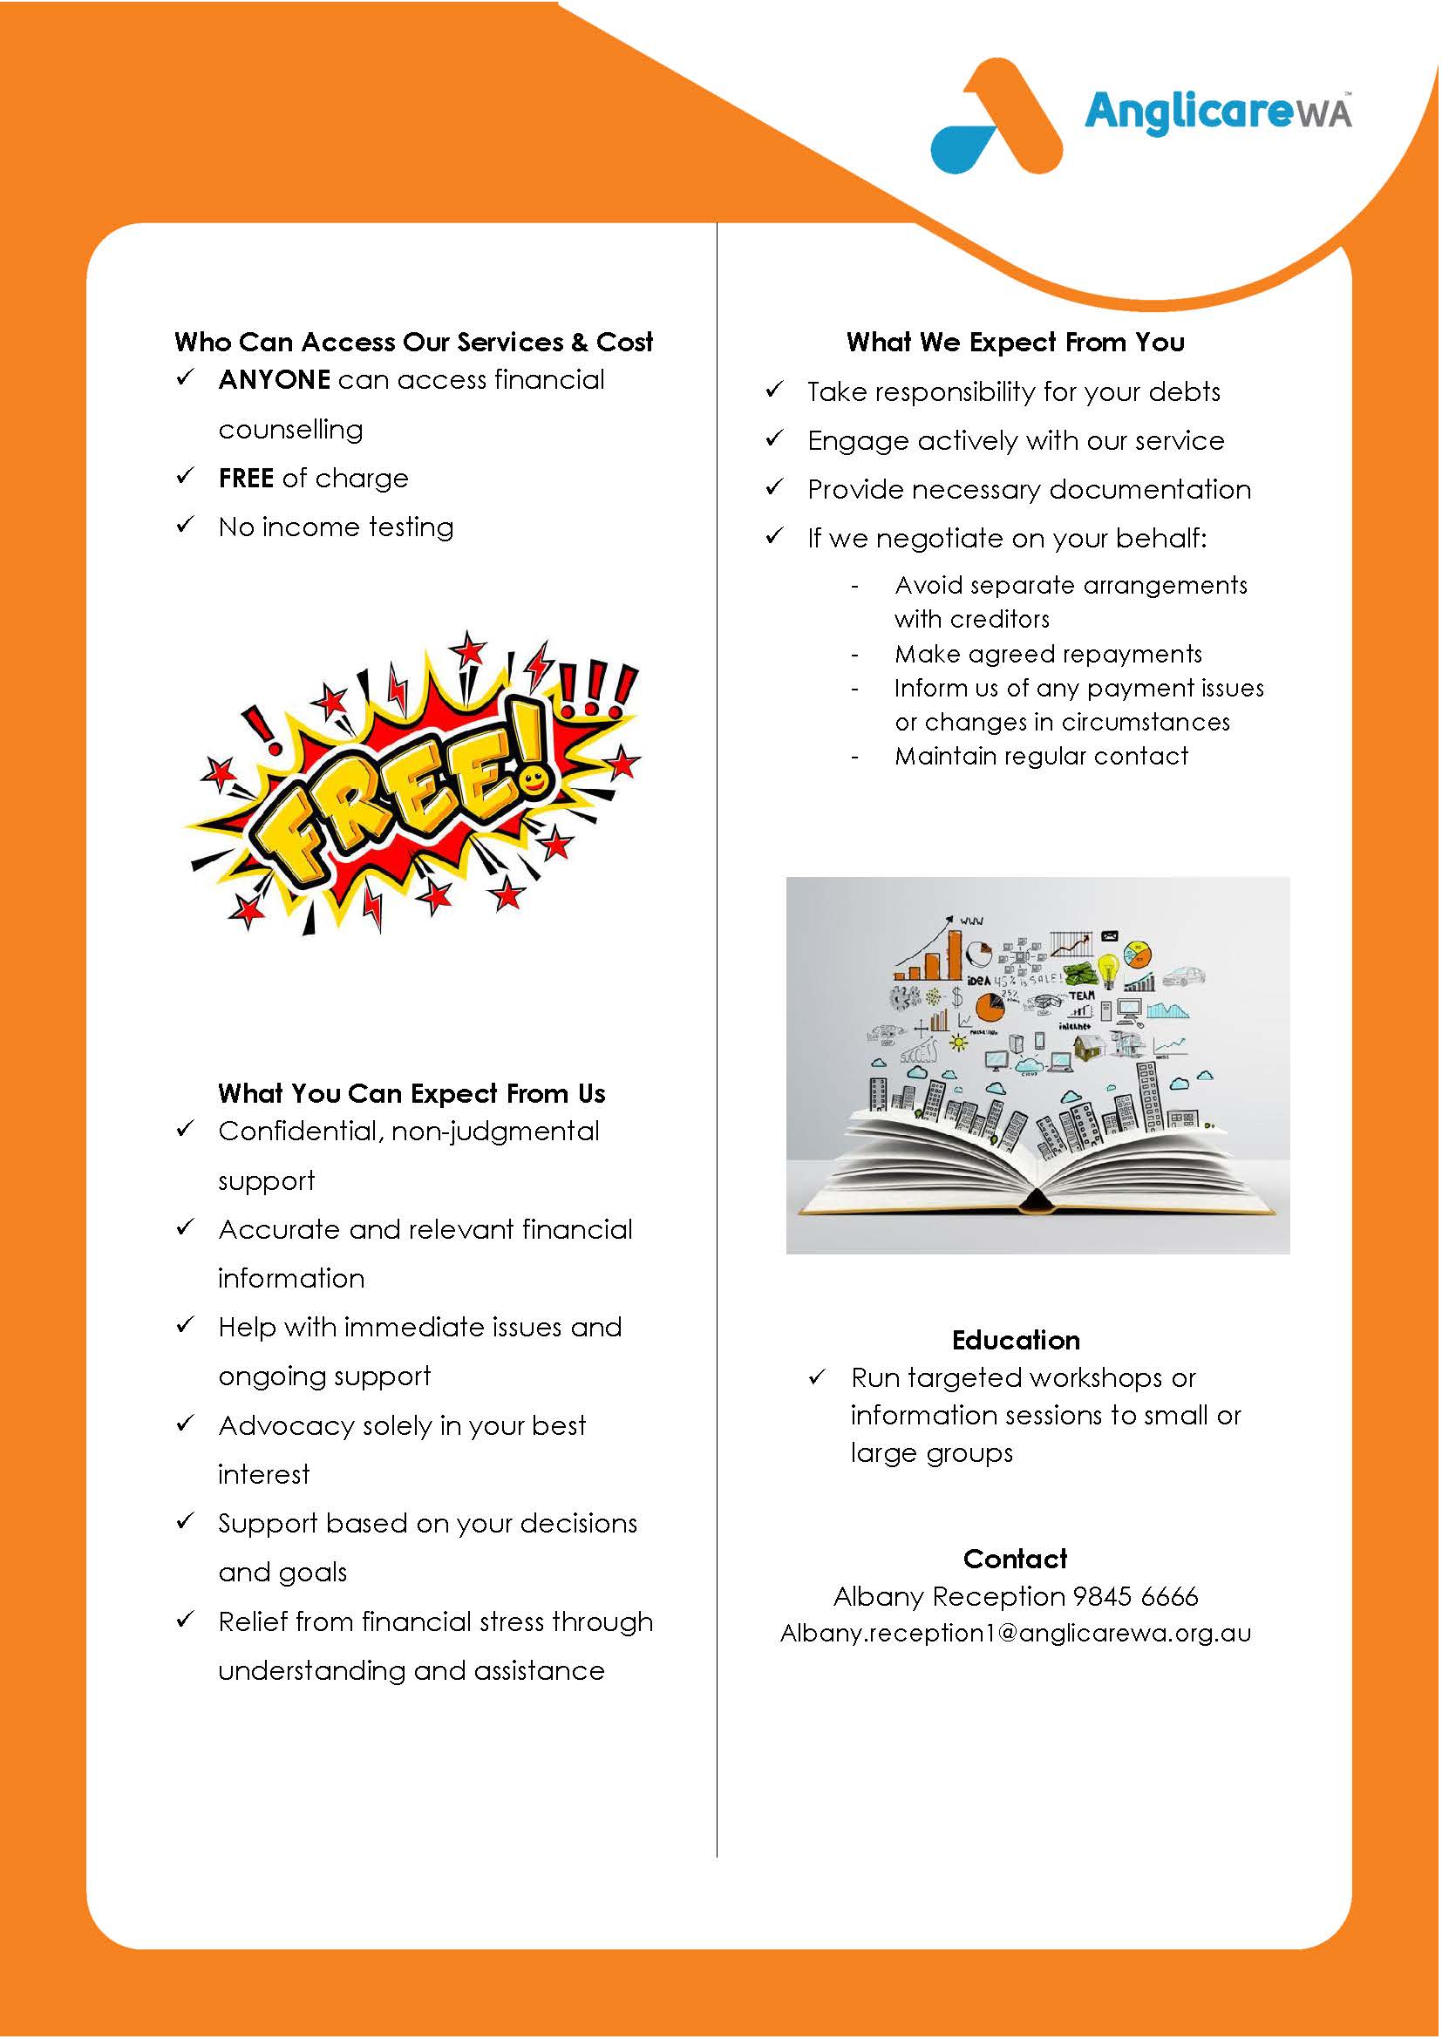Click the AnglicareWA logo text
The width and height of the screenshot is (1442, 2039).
click(1216, 112)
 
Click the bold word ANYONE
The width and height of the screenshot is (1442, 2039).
click(275, 380)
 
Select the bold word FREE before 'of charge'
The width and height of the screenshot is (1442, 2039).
click(246, 479)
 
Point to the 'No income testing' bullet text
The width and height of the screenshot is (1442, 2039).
click(336, 527)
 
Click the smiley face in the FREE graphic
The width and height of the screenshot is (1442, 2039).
click(533, 780)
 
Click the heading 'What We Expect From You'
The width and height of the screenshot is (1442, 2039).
click(1015, 343)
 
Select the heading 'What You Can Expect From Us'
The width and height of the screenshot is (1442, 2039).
click(412, 1094)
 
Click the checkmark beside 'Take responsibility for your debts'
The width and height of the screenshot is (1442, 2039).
click(775, 390)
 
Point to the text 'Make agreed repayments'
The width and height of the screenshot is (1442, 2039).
click(1048, 655)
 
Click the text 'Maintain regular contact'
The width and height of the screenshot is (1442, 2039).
click(1041, 757)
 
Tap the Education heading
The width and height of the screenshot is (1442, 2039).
click(1016, 1340)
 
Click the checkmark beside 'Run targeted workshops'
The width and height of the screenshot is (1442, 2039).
click(818, 1377)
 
